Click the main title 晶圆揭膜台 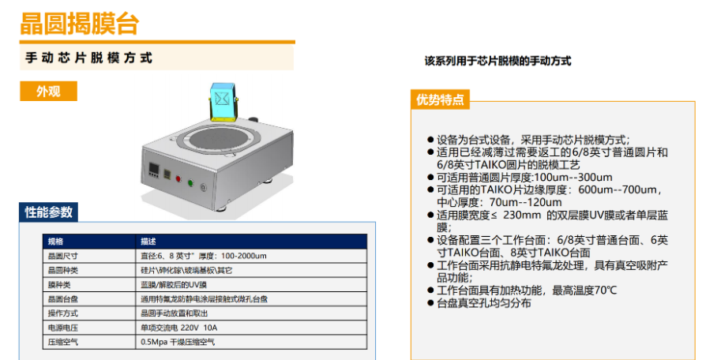tap(80, 24)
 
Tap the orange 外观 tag tap(48, 91)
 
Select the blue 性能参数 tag tap(48, 212)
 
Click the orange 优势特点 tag tap(440, 99)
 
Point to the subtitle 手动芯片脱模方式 tap(88, 58)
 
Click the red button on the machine tap(178, 178)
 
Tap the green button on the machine tap(190, 182)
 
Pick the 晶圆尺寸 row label tap(60, 256)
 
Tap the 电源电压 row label tap(60, 328)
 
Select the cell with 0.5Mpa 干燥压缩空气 tap(178, 342)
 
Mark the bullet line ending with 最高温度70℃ tap(522, 291)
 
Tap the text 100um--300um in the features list tap(573, 178)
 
